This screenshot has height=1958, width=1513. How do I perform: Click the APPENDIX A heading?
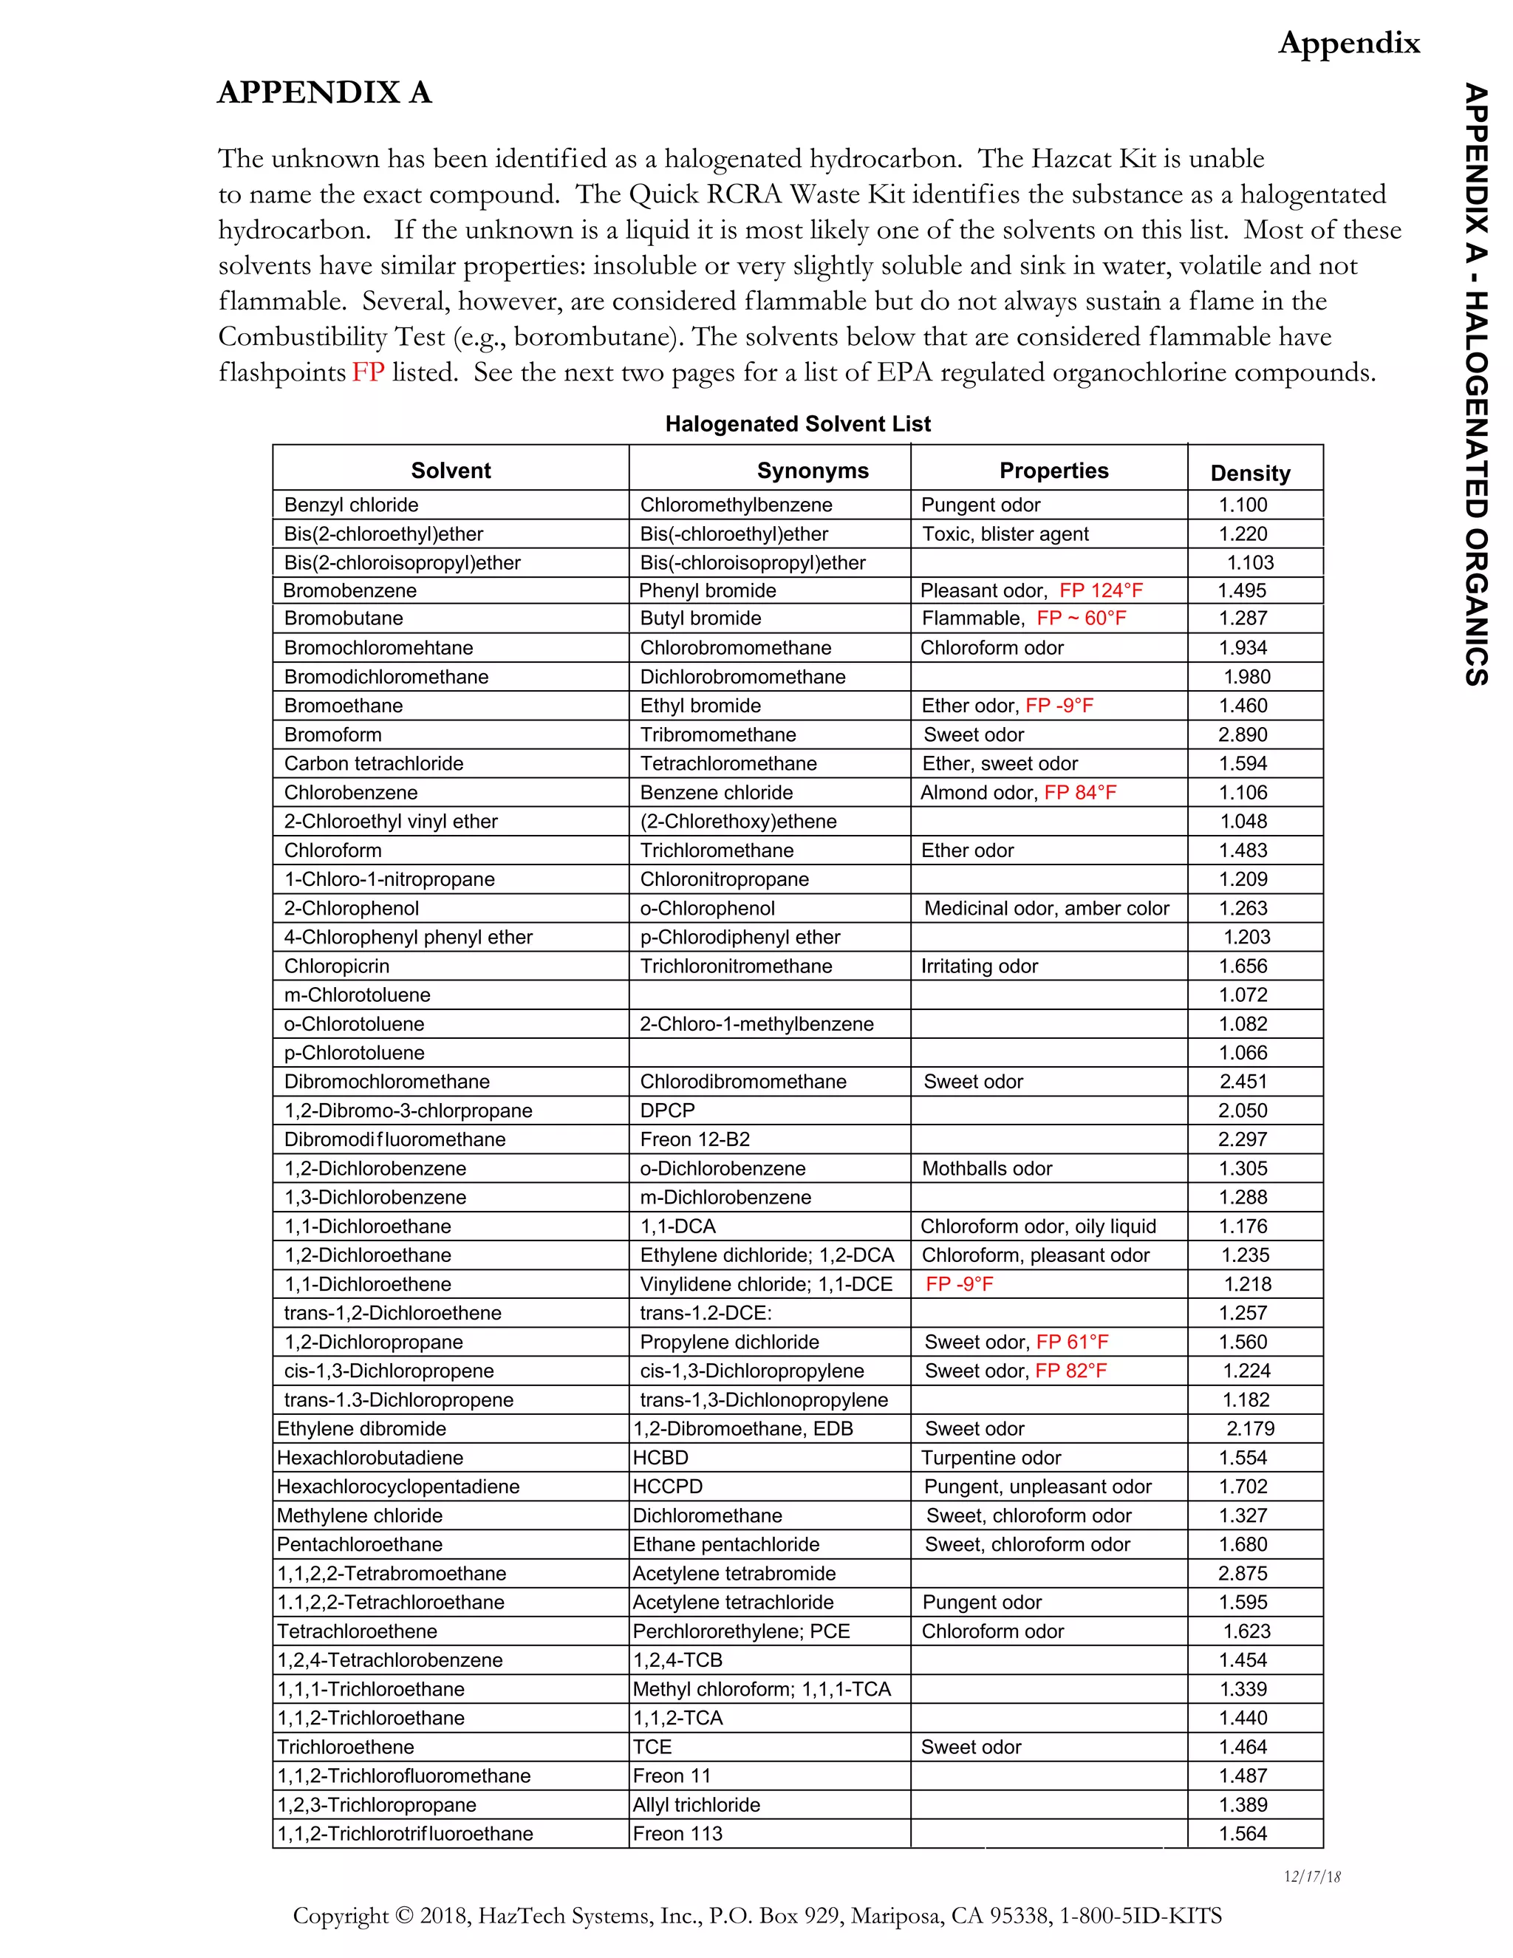tap(324, 92)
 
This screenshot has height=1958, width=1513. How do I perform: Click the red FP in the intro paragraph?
tap(367, 372)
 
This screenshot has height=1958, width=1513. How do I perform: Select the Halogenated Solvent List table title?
tap(797, 424)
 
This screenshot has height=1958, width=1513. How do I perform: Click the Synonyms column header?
tap(812, 471)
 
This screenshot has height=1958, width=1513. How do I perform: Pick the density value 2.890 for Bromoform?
tap(1243, 735)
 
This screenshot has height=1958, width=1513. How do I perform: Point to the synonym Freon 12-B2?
tap(694, 1139)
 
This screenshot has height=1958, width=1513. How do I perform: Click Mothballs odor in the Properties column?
tap(987, 1169)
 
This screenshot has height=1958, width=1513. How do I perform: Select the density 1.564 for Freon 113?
tap(1243, 1833)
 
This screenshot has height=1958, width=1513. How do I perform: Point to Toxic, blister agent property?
tap(1005, 534)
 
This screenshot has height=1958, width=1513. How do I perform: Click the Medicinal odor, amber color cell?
tap(1046, 908)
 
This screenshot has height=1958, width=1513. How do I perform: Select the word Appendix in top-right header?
tap(1348, 42)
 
